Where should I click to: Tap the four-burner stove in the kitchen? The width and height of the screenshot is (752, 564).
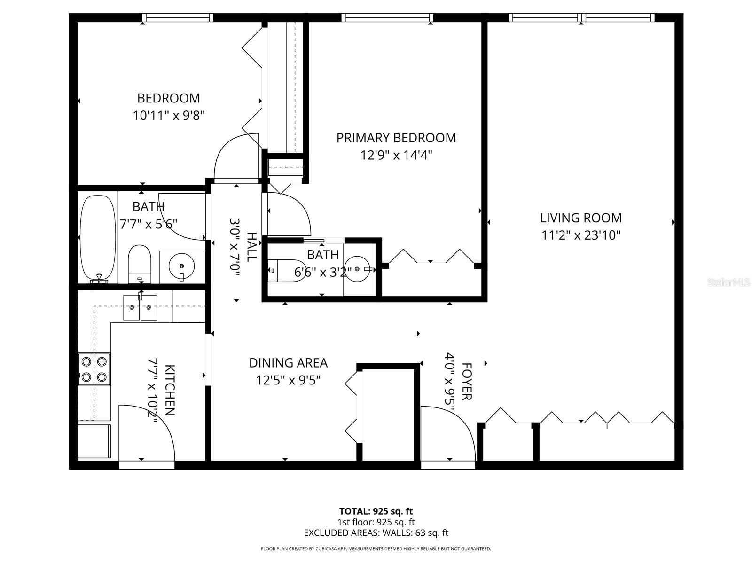tap(94, 369)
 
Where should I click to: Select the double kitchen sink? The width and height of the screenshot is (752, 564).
tap(140, 308)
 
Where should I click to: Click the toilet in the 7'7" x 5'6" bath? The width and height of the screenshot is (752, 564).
tap(139, 263)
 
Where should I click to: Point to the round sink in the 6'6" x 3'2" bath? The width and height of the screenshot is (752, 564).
tap(359, 269)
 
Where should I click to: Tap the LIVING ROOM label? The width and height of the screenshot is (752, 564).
tap(580, 218)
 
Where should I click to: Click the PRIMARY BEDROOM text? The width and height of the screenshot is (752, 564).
tap(396, 138)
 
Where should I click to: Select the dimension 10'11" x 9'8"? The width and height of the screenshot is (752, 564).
tap(169, 116)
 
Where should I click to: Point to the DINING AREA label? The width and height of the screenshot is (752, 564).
tap(288, 363)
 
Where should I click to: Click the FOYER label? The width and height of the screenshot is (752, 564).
tap(467, 381)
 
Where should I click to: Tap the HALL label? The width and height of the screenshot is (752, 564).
tap(252, 247)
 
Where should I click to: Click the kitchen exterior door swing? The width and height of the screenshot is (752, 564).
tap(147, 432)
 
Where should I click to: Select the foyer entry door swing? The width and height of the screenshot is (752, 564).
tap(448, 432)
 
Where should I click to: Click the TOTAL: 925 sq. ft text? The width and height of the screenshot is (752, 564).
tap(376, 511)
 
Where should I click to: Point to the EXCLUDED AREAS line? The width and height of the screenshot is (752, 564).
tap(376, 533)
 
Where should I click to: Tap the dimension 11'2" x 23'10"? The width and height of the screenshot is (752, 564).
tap(581, 235)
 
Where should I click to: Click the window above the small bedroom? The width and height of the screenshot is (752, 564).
tap(178, 17)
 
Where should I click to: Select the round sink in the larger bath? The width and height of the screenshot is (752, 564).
tap(181, 266)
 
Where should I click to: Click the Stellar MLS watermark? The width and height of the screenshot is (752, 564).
tap(728, 282)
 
